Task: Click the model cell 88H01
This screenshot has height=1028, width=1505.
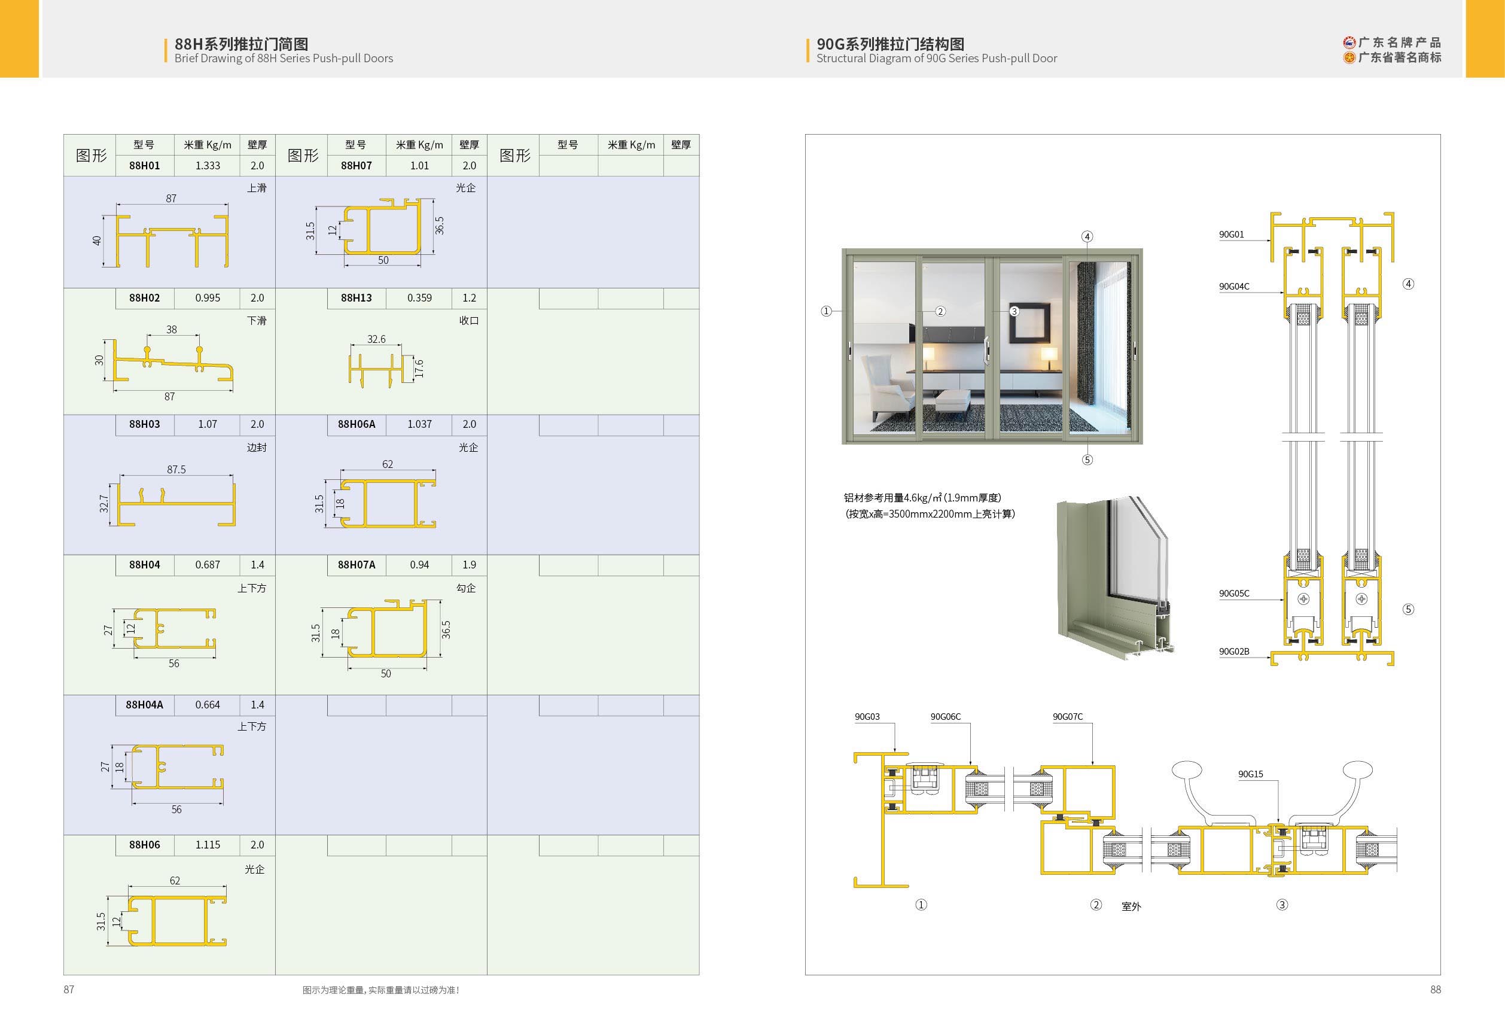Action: point(144,166)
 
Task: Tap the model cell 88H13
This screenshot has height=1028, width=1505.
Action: point(356,298)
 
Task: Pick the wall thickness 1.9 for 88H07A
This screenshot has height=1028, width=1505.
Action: point(469,565)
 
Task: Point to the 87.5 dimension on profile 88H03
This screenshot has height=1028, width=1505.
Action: point(176,469)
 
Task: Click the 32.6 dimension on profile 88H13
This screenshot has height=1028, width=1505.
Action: point(376,339)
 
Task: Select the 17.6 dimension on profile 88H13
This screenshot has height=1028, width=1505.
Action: point(419,369)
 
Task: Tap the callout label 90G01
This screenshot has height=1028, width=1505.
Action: point(1231,235)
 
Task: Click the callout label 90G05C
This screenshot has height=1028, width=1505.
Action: point(1233,594)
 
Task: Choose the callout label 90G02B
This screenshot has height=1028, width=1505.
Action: point(1233,652)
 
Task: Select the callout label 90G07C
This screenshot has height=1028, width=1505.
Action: point(1067,716)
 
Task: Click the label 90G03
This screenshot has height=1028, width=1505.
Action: point(867,716)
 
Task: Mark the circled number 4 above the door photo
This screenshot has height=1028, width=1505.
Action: point(1087,236)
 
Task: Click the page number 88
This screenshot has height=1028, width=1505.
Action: point(1435,989)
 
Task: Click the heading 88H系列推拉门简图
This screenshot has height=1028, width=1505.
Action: point(241,44)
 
